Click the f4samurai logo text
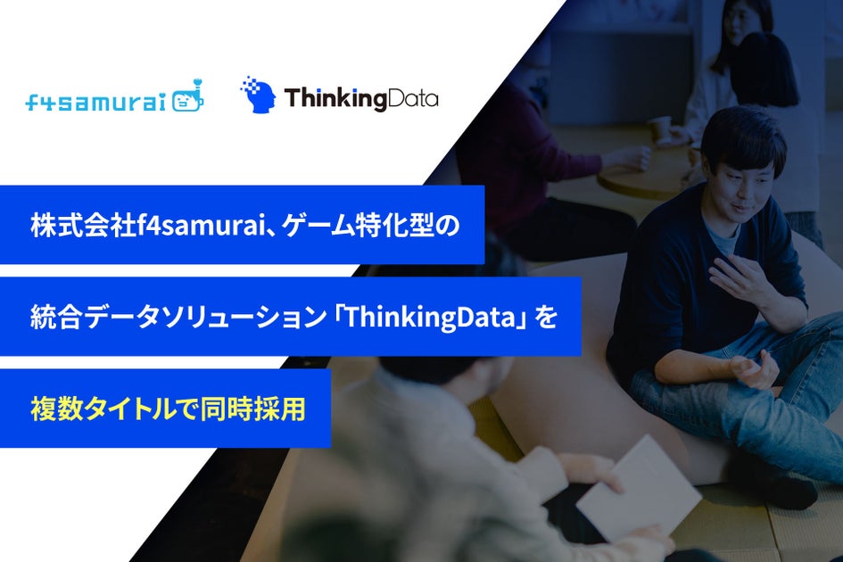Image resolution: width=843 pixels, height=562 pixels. click(95, 103)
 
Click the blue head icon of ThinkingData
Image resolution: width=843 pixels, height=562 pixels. click(258, 95)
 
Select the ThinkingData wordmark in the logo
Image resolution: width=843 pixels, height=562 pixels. click(360, 98)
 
